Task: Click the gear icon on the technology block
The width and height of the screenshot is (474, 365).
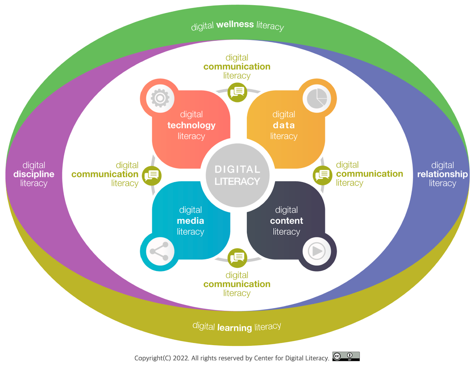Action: (x=160, y=98)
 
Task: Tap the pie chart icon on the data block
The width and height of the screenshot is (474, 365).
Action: (x=317, y=98)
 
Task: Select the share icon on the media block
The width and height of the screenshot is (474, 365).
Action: (x=159, y=251)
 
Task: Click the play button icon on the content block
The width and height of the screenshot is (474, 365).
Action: (x=317, y=251)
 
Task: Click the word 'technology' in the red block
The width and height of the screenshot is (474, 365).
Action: (x=191, y=125)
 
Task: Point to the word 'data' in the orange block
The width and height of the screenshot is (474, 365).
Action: (x=284, y=125)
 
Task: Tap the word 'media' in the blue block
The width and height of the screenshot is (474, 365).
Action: (x=190, y=221)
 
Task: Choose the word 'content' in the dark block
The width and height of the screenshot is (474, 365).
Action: (x=286, y=221)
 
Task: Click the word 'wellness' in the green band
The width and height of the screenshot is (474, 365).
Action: (x=235, y=24)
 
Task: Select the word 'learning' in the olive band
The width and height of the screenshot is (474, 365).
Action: (x=234, y=328)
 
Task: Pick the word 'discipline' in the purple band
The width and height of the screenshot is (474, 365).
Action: (x=34, y=174)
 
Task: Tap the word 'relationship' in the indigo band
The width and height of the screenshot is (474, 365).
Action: (x=443, y=174)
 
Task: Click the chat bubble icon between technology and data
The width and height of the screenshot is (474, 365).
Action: (x=237, y=93)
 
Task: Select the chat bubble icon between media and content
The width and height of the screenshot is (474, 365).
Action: (x=237, y=258)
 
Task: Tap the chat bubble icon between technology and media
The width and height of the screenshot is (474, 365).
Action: (x=151, y=176)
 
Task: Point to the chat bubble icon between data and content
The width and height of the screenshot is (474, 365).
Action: (x=323, y=175)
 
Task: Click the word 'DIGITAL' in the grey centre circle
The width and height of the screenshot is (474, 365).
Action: (x=237, y=169)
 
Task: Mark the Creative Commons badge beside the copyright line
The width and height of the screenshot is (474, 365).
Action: (x=346, y=356)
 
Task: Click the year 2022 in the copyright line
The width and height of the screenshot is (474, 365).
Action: (x=181, y=358)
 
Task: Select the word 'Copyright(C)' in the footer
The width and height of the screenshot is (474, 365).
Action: (x=153, y=358)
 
